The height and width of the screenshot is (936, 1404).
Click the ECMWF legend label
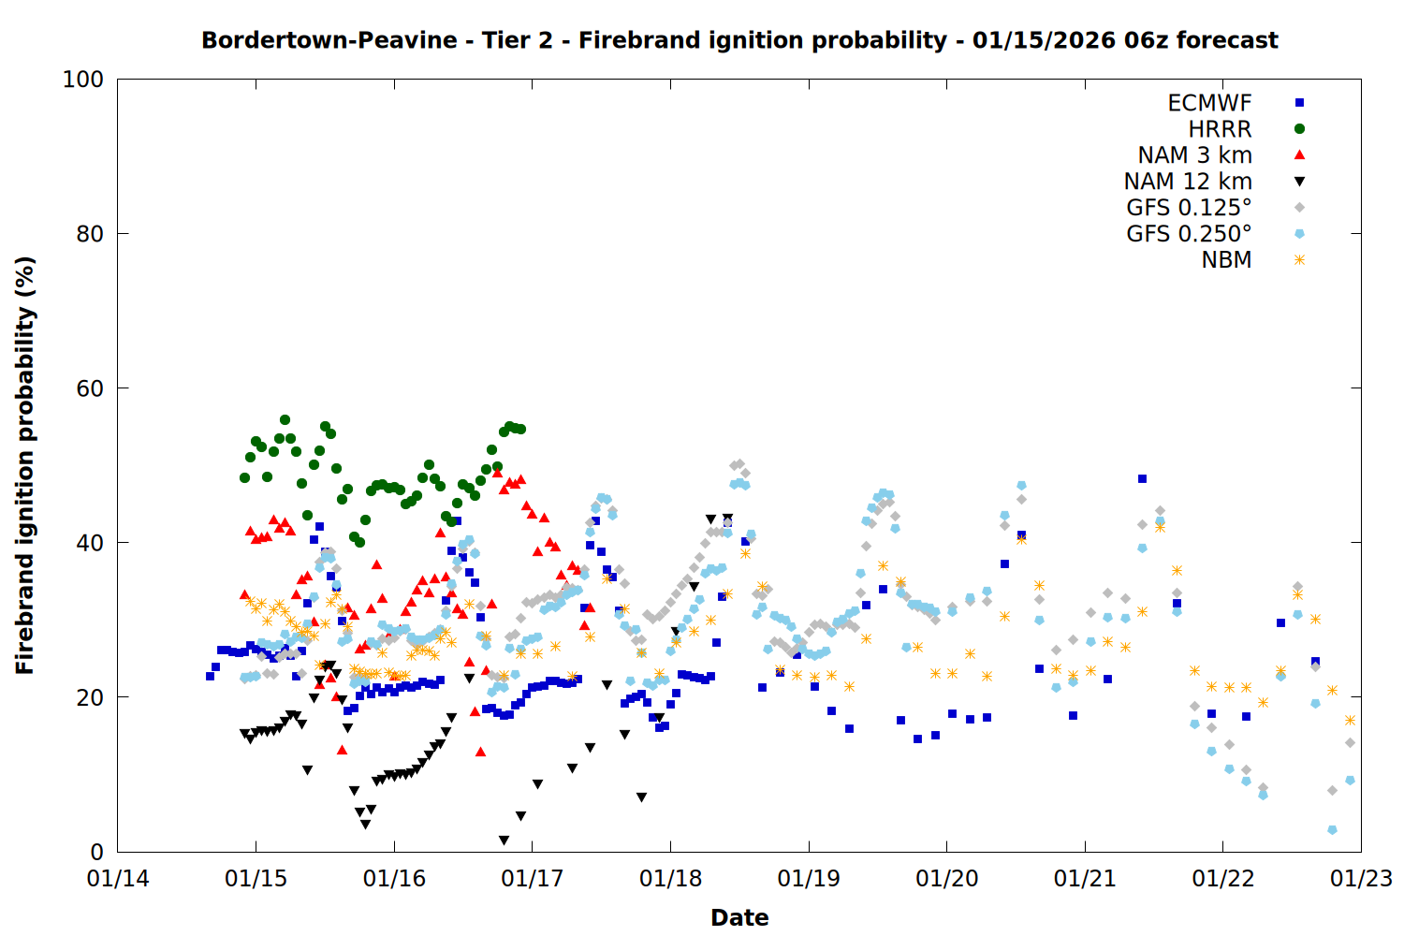[1209, 103]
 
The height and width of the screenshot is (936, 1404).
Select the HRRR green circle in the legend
[1299, 129]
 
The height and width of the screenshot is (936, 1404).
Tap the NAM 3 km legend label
[1194, 155]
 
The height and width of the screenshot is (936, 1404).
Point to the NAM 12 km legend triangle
[1299, 182]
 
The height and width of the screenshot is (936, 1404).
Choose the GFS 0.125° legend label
[1189, 208]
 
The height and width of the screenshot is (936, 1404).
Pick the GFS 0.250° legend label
[1189, 234]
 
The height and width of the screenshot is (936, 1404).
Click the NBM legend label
[1226, 260]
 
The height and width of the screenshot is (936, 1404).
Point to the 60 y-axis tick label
[90, 388]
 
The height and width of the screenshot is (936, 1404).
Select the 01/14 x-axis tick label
[118, 879]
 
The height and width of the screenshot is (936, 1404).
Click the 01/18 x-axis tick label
[670, 879]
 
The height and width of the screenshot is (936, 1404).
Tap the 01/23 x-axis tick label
[1361, 879]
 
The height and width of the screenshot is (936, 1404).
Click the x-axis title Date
[739, 917]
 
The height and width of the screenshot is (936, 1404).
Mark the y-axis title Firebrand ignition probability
[25, 465]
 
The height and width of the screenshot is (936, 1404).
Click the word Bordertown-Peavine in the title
[329, 40]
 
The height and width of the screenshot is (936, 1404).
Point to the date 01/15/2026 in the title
[1043, 40]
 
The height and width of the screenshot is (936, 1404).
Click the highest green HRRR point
[285, 420]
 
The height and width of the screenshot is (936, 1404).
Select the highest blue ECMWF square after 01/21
[1142, 478]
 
